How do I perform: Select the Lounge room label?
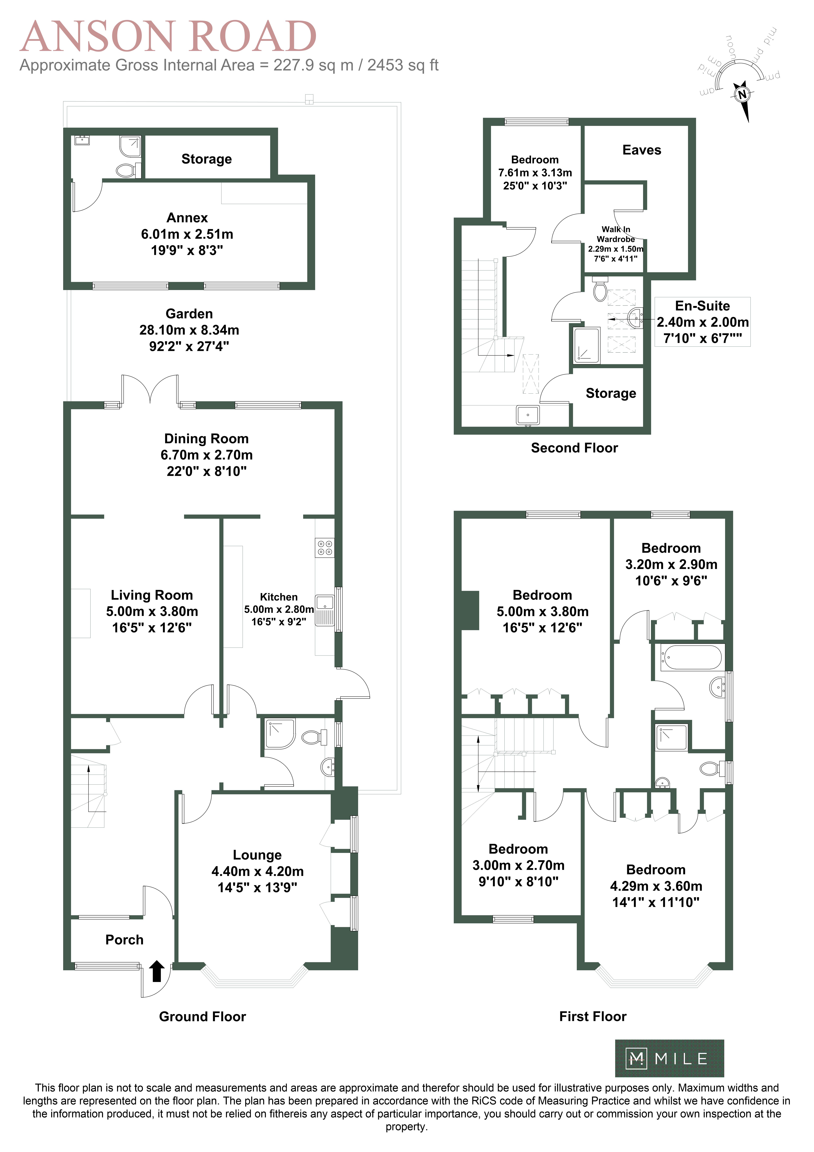257,855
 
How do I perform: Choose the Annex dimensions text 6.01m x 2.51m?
187,234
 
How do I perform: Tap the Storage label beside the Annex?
207,159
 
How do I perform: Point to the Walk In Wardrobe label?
616,234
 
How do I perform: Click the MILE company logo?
669,1059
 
